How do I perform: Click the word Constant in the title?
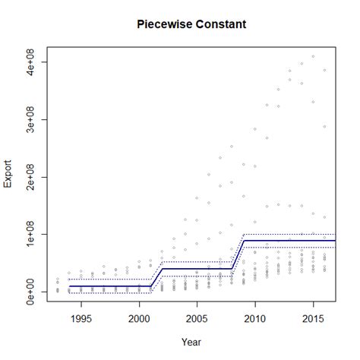(219, 24)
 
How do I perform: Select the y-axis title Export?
(8, 172)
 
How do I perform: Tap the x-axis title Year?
(191, 342)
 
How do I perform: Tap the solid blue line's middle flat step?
(197, 267)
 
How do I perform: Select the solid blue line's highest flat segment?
(289, 241)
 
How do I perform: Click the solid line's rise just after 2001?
(156, 277)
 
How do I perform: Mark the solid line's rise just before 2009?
(237, 254)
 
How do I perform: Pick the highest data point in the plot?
(312, 56)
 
